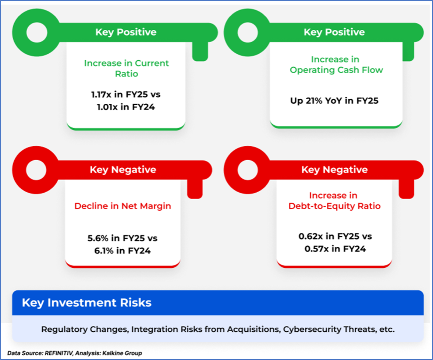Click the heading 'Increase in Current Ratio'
[127, 68]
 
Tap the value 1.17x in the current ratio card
[101, 95]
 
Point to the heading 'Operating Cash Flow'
[336, 70]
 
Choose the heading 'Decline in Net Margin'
[123, 206]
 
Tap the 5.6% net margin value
[98, 238]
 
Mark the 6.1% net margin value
[104, 251]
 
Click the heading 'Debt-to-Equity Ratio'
[334, 206]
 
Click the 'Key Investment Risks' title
[87, 303]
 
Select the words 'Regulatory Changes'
[85, 329]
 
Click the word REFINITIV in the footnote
[59, 353]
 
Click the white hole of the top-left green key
[37, 32]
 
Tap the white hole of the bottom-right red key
[248, 170]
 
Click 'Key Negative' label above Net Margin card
[123, 170]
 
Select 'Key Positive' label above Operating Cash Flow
[334, 32]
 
